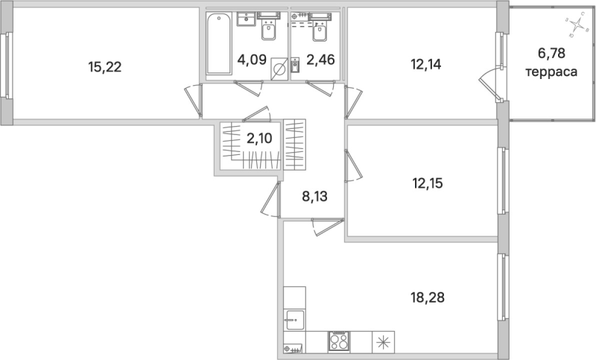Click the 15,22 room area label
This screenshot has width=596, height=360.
[x=104, y=66]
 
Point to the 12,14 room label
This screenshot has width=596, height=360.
[x=426, y=64]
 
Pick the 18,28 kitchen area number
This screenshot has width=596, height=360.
[x=427, y=297]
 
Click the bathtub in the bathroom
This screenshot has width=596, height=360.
[x=218, y=43]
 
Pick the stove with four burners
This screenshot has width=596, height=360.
[x=339, y=343]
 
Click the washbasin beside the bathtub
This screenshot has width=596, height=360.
[x=247, y=21]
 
